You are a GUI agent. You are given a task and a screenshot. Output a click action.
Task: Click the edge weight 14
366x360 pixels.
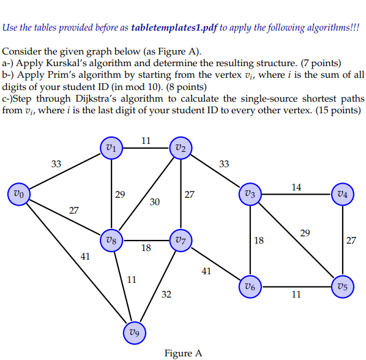[296, 187]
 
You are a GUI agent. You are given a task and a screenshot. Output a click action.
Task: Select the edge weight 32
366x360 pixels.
[166, 295]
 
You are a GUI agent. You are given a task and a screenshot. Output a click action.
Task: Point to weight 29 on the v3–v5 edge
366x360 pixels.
[305, 233]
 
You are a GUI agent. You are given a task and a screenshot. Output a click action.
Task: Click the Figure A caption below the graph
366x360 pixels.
[183, 353]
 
